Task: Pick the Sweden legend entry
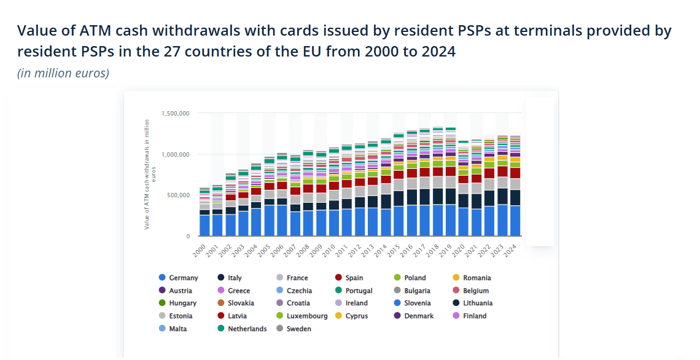[x=298, y=329]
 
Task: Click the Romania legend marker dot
[x=456, y=278]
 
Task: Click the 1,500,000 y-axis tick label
[x=176, y=114]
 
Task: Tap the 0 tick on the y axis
[x=187, y=237]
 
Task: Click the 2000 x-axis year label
[x=200, y=249]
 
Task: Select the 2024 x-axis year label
[x=509, y=249]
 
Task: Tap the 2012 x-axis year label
[x=354, y=249]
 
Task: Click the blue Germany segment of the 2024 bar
[x=515, y=221]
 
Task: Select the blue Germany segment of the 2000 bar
[x=205, y=225]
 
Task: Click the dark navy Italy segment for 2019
[x=450, y=196]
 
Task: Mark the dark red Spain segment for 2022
[x=489, y=173]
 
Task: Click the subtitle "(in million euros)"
[x=63, y=73]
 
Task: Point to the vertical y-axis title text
[x=148, y=175]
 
